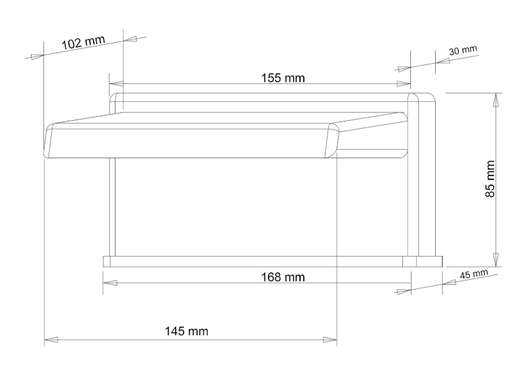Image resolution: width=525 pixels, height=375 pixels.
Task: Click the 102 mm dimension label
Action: pyautogui.click(x=83, y=43)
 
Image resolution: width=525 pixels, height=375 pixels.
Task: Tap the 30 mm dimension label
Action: pyautogui.click(x=463, y=51)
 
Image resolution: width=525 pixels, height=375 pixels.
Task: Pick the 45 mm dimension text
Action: pyautogui.click(x=474, y=275)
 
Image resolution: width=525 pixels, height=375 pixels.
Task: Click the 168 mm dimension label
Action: pyautogui.click(x=283, y=276)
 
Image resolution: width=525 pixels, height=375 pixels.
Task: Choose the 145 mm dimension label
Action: pyautogui.click(x=186, y=331)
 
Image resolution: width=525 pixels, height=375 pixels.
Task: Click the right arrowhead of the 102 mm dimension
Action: pyautogui.click(x=132, y=39)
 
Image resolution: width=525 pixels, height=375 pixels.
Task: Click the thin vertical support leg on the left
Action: pyautogui.click(x=112, y=207)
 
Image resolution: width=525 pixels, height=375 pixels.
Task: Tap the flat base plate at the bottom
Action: pyautogui.click(x=262, y=261)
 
